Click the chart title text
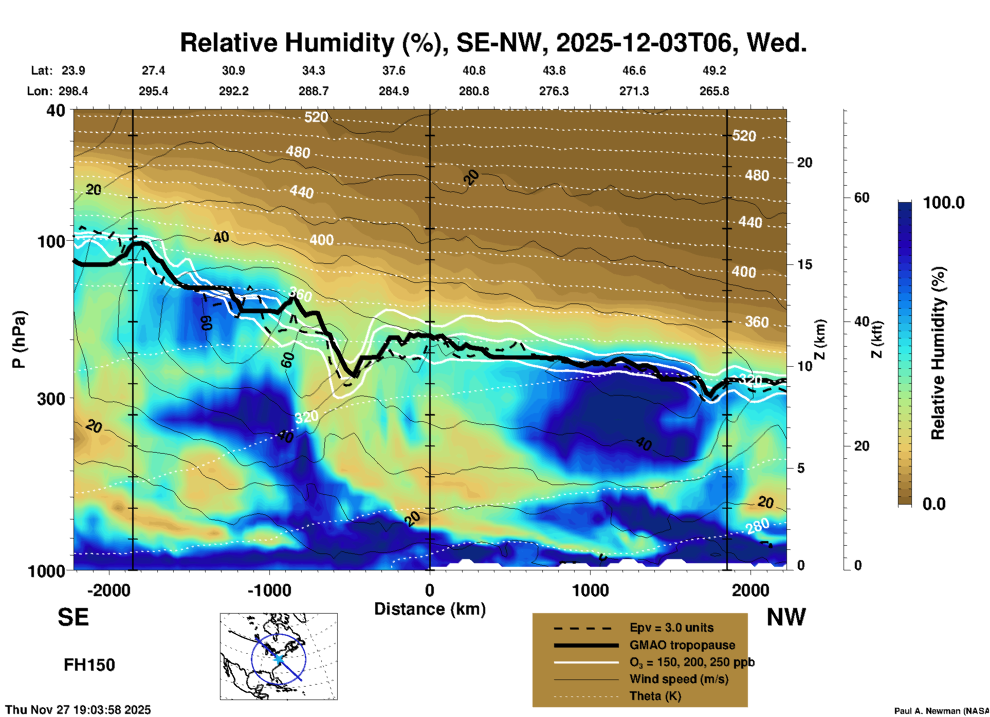[492, 43]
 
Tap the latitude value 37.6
[394, 70]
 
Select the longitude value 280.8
[473, 91]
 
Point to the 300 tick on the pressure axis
[51, 399]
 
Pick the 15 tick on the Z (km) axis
[804, 264]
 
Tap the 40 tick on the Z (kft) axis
[861, 321]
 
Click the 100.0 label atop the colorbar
[944, 203]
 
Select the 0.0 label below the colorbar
[934, 504]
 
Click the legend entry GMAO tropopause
[682, 645]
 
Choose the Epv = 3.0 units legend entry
[671, 628]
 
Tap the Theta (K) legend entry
[655, 696]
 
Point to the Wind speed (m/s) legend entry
[679, 679]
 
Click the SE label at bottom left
[73, 617]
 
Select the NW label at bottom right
[786, 617]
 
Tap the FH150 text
[89, 665]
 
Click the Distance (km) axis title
[430, 609]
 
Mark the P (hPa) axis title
[19, 339]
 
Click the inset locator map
[279, 656]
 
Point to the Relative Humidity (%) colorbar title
[938, 353]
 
